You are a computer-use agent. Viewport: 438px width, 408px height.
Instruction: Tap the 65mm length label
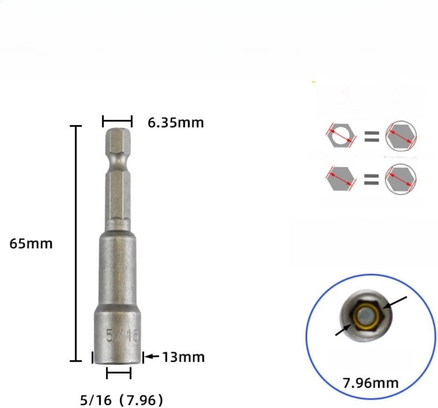coord(31,243)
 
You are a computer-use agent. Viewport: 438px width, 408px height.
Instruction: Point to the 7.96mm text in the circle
coord(371,382)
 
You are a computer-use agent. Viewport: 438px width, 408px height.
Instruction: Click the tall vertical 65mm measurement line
coord(76,243)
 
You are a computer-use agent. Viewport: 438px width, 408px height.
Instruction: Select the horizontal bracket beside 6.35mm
coord(117,122)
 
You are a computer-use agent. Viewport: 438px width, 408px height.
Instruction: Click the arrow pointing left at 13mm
coord(153,356)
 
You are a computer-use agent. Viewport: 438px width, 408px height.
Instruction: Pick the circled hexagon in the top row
coord(401,136)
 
